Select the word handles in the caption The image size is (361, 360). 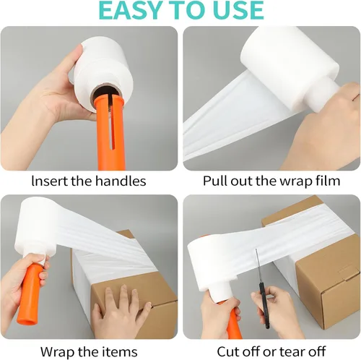[x=121, y=181]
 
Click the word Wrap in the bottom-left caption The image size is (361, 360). [x=58, y=352]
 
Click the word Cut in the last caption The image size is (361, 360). [x=228, y=351]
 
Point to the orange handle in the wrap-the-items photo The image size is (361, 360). [x=30, y=294]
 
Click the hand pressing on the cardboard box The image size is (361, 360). [x=121, y=311]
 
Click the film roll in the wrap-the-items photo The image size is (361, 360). [x=37, y=231]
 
